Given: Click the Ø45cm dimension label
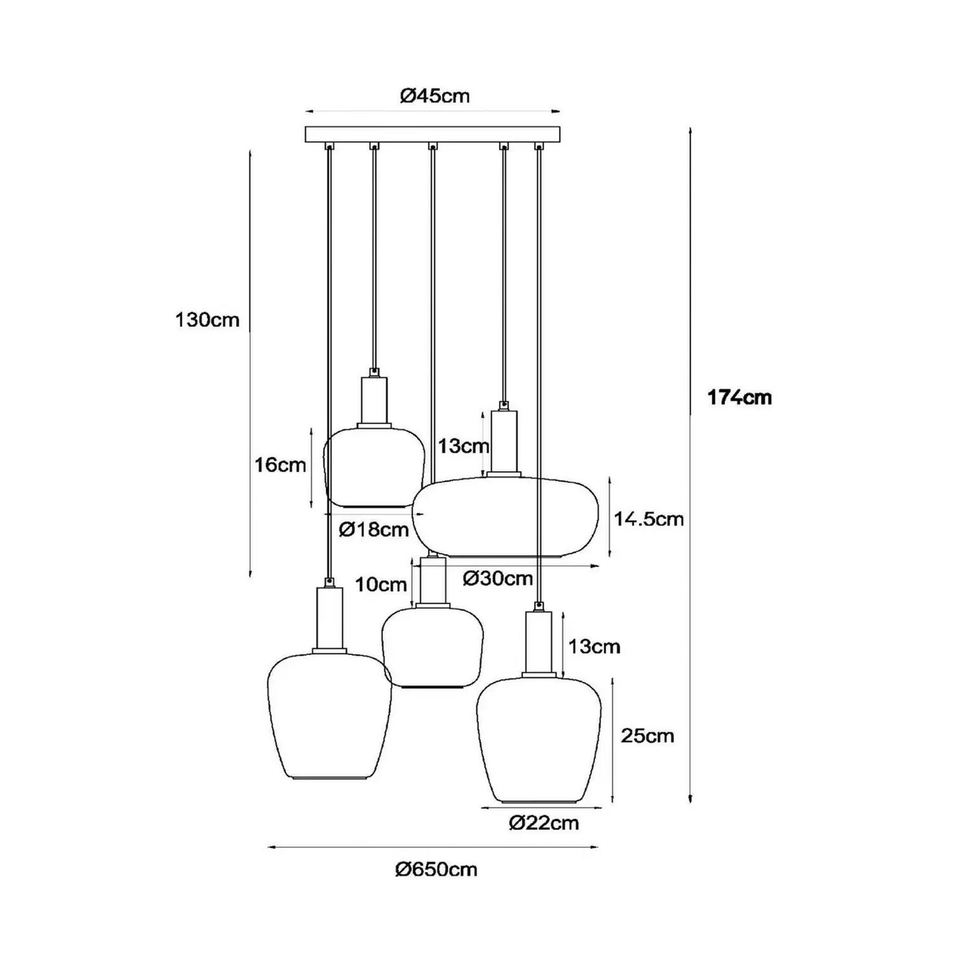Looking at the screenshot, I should pos(434,96).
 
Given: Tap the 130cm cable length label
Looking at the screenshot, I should pos(207,319).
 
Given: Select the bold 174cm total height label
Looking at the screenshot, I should pos(739,397).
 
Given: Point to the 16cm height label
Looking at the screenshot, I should pos(280,465).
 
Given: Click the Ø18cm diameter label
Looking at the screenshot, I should pos(373,529).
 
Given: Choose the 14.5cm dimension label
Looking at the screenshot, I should pos(649,519).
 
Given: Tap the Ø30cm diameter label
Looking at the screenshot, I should pos(497,579).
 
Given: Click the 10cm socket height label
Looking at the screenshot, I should pos(380,584).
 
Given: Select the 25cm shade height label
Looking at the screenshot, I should pos(647,736).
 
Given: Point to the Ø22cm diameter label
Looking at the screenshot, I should pos(544,823).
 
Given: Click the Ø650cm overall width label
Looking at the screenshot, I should pos(436,869).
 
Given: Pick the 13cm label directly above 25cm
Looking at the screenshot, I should pos(594,647).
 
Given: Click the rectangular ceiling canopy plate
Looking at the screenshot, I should pos(433,135).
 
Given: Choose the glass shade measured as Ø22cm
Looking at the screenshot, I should pos(539,738).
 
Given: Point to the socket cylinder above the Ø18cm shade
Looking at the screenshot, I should pos(374,401).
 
